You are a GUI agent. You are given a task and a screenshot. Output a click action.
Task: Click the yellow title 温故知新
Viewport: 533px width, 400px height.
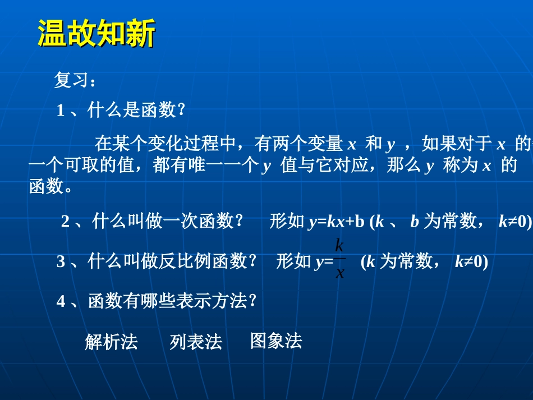tap(96, 35)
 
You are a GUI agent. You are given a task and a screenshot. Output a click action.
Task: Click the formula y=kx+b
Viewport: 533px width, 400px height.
tap(337, 222)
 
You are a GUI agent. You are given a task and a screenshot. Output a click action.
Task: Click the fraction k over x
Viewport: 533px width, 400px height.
tap(339, 259)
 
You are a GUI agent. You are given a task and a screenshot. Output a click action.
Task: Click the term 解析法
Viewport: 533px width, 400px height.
tap(111, 342)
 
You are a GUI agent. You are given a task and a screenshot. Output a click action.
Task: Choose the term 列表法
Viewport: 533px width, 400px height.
tap(196, 342)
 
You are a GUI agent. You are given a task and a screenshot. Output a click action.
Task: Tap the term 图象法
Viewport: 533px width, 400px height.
tap(276, 341)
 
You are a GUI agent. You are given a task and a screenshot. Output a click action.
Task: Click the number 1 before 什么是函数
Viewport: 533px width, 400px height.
tap(61, 111)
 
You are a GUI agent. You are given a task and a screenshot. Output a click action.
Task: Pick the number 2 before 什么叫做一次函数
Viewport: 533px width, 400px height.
tap(65, 222)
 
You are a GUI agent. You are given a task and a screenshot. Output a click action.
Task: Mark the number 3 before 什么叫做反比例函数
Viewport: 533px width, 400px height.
tap(61, 261)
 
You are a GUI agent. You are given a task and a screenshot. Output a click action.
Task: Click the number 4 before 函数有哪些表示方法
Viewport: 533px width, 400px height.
tap(61, 302)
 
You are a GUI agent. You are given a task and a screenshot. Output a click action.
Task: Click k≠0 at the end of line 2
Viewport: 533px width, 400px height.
tap(514, 222)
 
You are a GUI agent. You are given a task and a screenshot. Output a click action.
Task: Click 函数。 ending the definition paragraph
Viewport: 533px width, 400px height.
tap(51, 186)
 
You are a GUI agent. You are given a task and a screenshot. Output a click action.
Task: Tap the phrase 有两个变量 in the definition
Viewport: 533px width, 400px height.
tap(298, 144)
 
